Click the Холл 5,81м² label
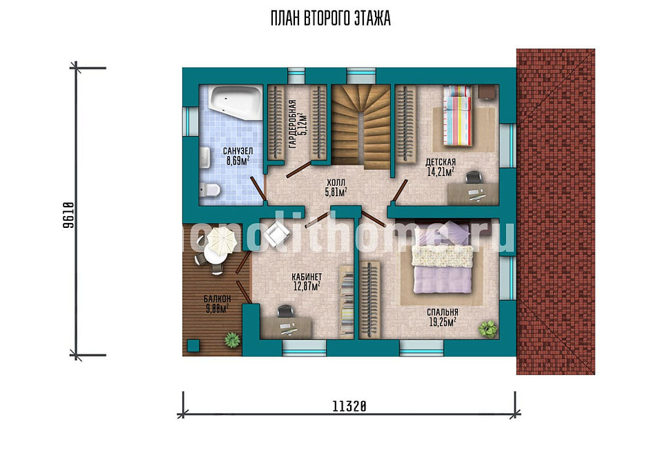coord(336,188)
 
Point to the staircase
coord(361,125)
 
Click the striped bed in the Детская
coord(457,115)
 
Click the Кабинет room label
coord(307,277)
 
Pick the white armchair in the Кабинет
coord(277,233)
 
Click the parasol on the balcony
coord(221,241)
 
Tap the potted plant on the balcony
coord(232,340)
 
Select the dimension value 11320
coord(349,407)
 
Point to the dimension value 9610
coord(68,215)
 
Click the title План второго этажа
coord(330,19)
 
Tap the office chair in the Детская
coord(473,177)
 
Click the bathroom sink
coord(204,157)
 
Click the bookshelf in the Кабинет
coord(347,302)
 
